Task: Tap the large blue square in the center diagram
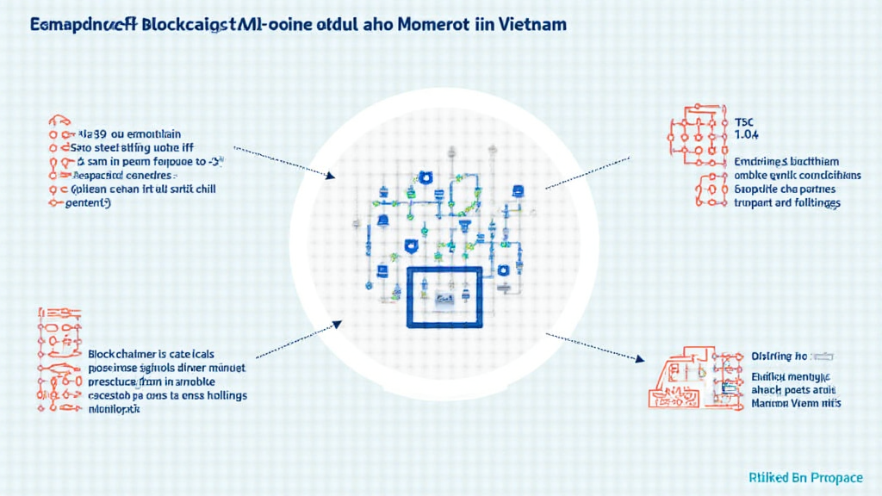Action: (444, 297)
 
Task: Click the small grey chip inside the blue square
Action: (445, 298)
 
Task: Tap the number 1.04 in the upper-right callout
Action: (746, 135)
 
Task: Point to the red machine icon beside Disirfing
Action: (685, 379)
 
